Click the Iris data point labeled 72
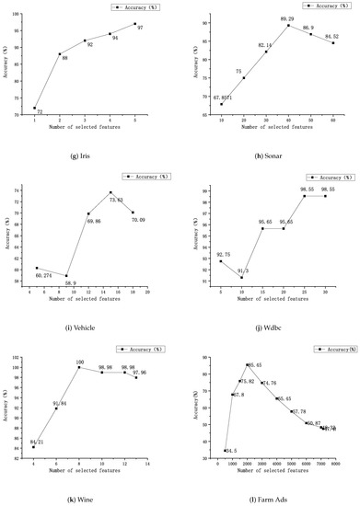pos(35,108)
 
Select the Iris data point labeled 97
pos(134,24)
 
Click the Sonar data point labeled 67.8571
pos(222,104)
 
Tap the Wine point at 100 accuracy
pos(79,367)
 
